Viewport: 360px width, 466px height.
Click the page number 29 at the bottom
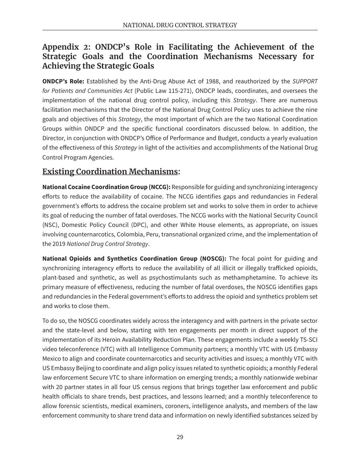coord(180,437)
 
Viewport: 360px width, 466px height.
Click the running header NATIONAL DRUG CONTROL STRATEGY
coord(180,25)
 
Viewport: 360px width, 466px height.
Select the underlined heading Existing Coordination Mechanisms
coord(110,172)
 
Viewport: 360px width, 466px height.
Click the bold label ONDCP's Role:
coord(63,81)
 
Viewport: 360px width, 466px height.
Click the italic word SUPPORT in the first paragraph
coord(305,81)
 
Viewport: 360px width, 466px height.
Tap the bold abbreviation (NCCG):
coord(160,187)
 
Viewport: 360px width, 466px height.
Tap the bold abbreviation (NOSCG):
coord(212,259)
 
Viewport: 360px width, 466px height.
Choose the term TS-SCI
coord(308,340)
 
